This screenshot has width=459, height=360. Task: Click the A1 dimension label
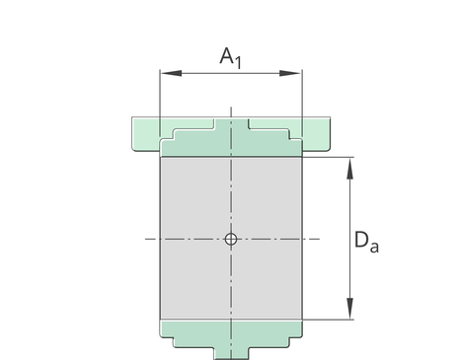(231, 58)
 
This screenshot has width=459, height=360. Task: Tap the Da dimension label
(366, 242)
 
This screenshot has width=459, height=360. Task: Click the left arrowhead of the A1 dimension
(171, 73)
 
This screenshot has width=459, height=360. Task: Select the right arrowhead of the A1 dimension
(290, 73)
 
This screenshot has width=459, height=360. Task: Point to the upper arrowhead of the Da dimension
(350, 168)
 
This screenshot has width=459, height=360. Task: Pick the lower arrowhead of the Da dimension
(350, 309)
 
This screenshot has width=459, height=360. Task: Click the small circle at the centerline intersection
(231, 239)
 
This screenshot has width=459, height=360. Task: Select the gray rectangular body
(231, 239)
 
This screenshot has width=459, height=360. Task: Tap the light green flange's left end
(145, 134)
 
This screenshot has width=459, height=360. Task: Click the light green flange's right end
(316, 134)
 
